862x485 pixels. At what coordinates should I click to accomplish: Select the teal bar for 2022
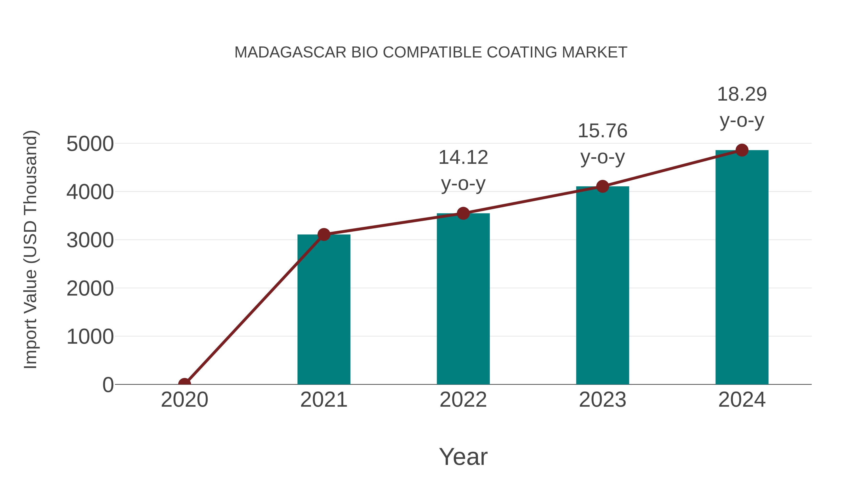coord(463,299)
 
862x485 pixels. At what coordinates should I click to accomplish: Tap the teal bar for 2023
coord(602,285)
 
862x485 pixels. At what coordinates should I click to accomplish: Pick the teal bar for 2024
coord(742,268)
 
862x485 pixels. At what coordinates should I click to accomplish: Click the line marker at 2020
coord(184,384)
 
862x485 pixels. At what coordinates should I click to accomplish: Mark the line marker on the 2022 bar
coord(463,213)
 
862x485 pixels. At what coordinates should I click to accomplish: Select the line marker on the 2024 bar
coord(742,150)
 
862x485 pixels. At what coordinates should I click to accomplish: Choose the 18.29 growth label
coord(742,107)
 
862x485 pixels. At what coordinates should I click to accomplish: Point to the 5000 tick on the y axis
coord(90,144)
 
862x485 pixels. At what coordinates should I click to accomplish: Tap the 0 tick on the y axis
coord(108,385)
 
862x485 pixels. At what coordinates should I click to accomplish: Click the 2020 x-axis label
coord(184,400)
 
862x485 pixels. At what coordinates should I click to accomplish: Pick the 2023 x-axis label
coord(602,400)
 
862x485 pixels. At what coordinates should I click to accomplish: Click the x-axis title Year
coord(463,456)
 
